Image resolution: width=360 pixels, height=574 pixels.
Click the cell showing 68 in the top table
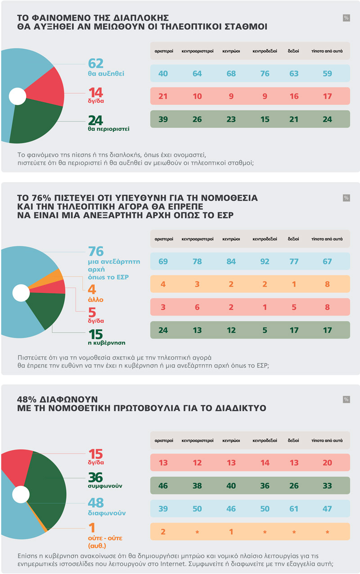click(230, 73)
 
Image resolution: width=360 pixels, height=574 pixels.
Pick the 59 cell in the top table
click(327, 73)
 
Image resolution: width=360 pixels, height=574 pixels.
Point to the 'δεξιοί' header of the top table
click(294, 51)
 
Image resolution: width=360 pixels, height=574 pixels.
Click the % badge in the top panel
click(346, 18)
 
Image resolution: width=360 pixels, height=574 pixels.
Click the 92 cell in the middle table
click(265, 261)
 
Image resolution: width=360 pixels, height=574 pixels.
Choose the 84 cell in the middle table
click(230, 261)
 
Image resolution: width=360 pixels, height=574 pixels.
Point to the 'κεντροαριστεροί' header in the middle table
click(197, 239)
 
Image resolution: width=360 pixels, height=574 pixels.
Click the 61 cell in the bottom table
click(294, 509)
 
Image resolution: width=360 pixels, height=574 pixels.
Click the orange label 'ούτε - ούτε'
click(104, 538)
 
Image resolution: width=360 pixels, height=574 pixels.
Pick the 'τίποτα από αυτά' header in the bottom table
click(327, 440)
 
